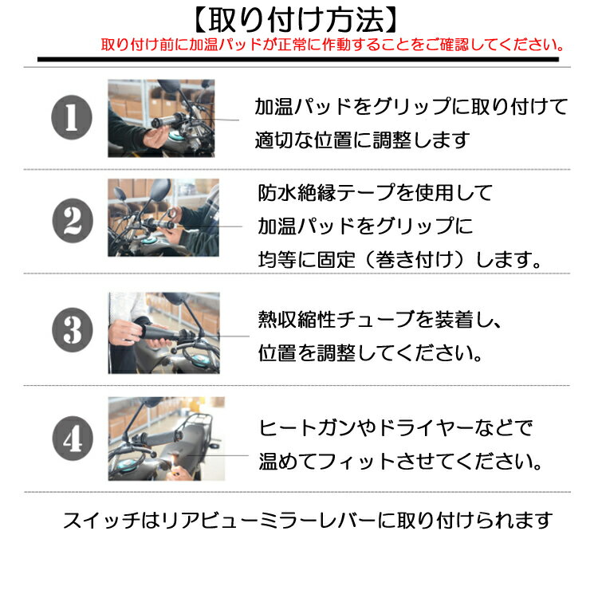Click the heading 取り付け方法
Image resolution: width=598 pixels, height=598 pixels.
296,20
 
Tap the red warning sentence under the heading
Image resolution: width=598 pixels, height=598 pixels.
332,45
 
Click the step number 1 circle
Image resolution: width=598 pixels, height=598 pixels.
72,117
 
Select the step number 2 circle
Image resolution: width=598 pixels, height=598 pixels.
73,220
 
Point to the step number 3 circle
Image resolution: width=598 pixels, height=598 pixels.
73,330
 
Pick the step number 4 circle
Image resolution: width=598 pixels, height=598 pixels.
73,439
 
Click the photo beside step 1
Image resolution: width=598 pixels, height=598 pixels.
161,118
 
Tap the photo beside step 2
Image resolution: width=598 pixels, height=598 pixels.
163,218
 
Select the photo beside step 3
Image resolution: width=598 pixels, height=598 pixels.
164,333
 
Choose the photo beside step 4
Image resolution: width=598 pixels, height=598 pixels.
167,439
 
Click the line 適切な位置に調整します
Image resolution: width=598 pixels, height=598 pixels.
362,140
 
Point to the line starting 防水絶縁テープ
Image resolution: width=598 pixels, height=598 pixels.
376,193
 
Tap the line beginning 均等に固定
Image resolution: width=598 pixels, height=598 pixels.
399,260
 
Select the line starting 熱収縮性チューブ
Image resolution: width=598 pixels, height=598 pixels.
380,320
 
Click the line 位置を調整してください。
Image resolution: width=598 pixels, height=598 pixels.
370,352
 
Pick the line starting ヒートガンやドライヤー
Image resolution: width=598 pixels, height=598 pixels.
395,428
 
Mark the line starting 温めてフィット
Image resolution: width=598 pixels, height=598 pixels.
400,462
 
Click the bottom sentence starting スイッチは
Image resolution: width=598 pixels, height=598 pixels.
308,521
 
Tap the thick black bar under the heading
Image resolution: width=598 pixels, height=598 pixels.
298,60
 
